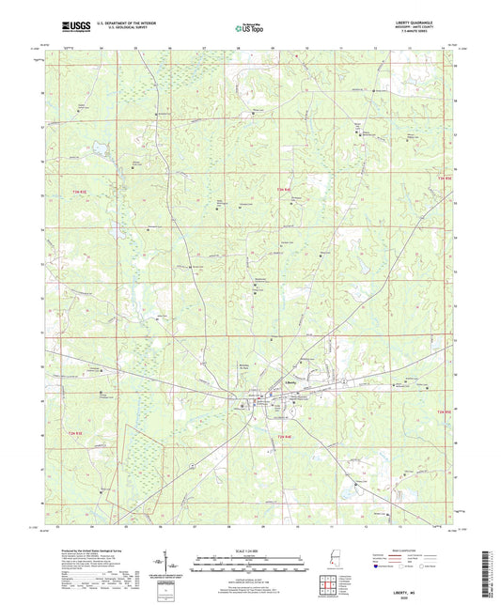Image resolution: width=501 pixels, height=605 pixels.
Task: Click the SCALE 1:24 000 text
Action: (251, 549)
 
